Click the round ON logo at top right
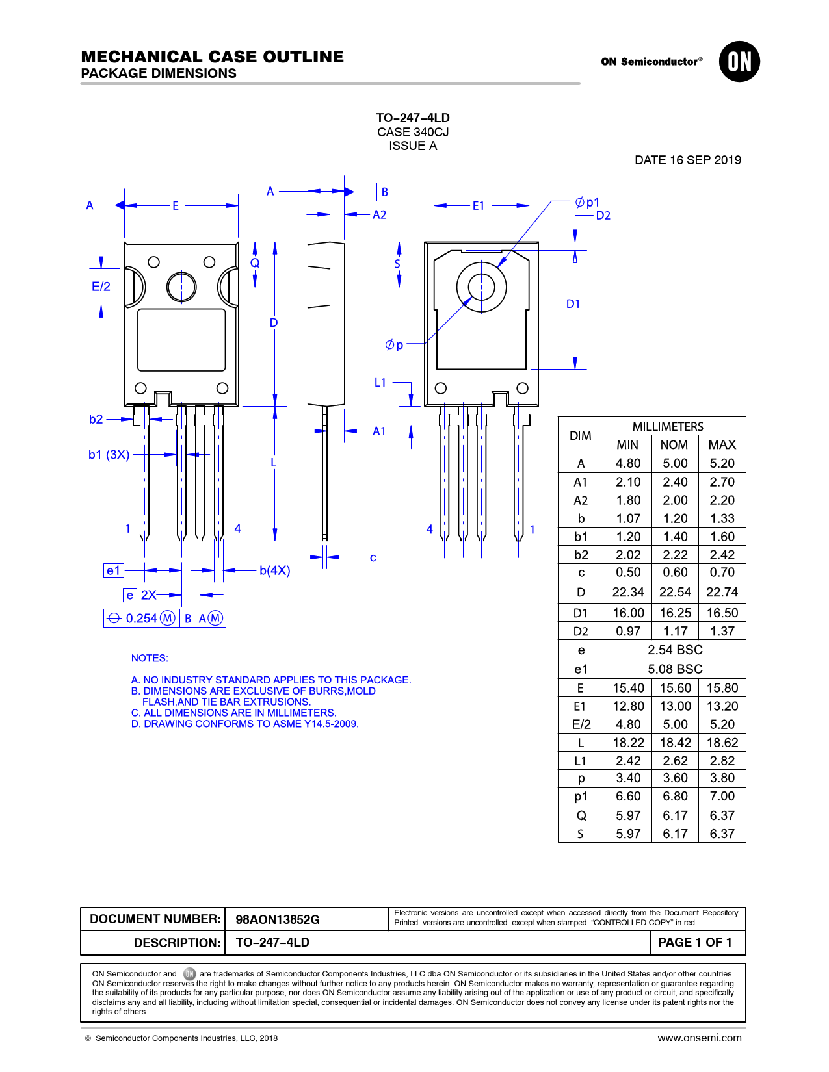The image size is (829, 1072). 739,62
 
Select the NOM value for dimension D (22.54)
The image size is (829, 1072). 675,593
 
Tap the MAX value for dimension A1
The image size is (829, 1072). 722,482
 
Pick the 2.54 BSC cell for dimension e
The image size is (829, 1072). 675,650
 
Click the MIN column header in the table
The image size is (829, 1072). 627,445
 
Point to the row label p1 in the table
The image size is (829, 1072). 581,797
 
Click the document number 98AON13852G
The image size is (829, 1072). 278,919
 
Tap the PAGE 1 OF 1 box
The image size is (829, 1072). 695,943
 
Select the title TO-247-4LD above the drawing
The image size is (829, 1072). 413,118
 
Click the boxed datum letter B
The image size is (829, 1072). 385,192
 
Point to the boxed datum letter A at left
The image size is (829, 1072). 90,205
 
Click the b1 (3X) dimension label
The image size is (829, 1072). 109,455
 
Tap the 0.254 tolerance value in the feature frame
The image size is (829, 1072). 142,619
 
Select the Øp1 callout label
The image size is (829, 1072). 587,203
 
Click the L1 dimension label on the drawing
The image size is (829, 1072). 380,383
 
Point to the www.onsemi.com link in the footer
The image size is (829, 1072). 699,1038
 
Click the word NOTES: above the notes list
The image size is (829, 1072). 150,658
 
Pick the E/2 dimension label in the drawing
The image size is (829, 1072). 101,287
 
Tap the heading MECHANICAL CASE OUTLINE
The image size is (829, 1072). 213,57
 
